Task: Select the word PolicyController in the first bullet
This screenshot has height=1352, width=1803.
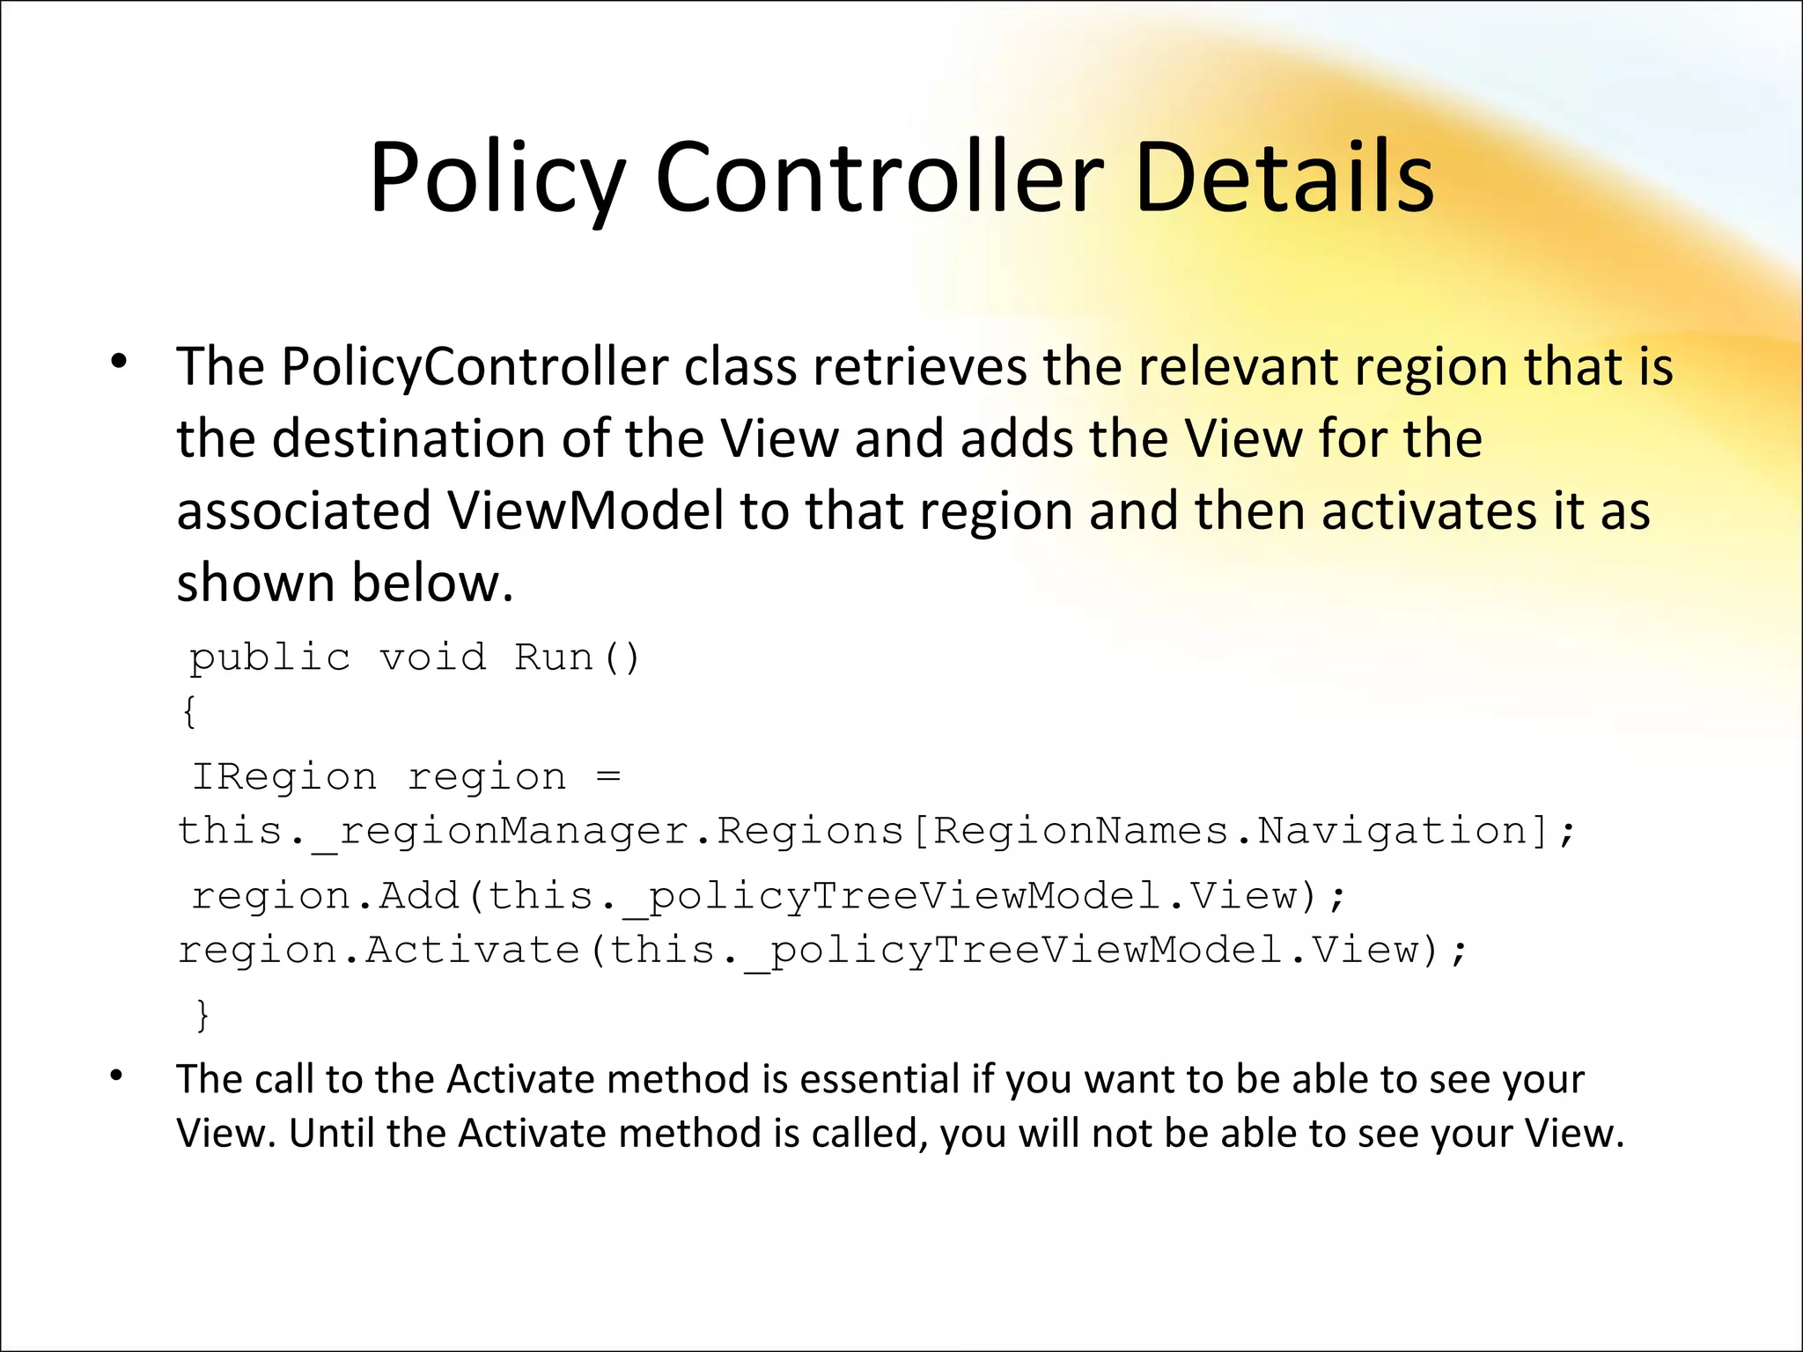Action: [475, 366]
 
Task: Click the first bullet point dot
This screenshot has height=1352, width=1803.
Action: [119, 362]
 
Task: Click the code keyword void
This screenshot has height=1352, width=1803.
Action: [432, 658]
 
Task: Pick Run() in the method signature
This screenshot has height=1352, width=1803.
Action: [577, 658]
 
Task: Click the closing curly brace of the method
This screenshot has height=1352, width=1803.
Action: [202, 1014]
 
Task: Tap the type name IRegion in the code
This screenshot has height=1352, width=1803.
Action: [284, 776]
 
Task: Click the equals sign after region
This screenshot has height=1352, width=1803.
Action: [608, 776]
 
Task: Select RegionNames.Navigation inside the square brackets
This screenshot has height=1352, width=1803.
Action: [1229, 831]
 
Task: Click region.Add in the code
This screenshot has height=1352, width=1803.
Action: [326, 896]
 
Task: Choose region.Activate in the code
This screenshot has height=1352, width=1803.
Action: [379, 951]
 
